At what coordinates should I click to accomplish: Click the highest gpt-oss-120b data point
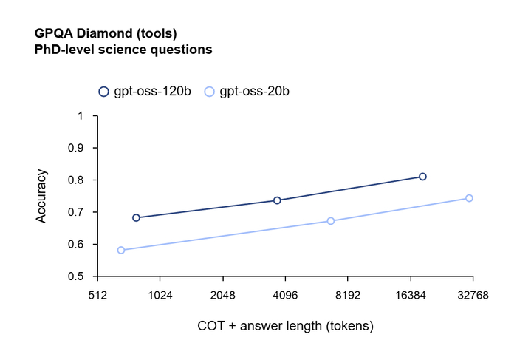422,177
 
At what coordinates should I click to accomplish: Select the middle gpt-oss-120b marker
277,200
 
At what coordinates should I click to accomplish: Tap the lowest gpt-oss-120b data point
136,217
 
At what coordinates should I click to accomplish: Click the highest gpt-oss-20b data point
469,198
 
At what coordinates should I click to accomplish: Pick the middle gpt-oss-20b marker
330,221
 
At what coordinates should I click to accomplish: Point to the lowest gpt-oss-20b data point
121,250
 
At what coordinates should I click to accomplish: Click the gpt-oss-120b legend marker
103,92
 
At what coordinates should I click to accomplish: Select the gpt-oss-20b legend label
254,92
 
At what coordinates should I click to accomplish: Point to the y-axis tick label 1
81,116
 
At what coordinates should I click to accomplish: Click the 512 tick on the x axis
97,295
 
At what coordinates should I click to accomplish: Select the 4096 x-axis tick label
285,295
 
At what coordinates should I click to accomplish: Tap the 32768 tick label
473,295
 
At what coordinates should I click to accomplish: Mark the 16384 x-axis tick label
411,295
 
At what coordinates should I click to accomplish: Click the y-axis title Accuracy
43,197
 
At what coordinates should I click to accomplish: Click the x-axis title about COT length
285,325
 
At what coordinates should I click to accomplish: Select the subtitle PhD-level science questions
123,50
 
